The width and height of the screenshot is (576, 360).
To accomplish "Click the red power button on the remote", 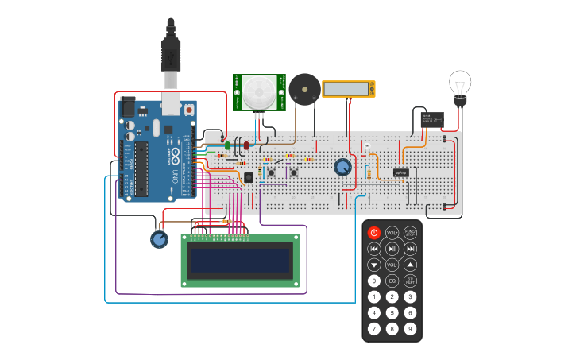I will pos(374,233).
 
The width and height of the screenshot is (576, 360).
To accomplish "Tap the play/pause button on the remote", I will pos(392,249).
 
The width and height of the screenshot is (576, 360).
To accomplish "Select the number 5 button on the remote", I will pos(392,312).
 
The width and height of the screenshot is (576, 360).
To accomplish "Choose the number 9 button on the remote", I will pos(410,328).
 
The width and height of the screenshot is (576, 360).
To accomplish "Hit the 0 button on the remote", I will pos(374,281).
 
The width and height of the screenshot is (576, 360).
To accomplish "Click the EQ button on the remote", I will pos(392,281).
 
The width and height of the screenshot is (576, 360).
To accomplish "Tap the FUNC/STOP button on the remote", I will pos(410,233).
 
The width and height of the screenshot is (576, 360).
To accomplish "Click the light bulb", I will pos(460,84).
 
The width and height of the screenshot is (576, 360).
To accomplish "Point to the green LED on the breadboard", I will pos(228,145).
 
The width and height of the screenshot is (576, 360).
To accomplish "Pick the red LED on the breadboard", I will pos(245,145).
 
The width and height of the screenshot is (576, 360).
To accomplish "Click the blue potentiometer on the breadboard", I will pos(342,168).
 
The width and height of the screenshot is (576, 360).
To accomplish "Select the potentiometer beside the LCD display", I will pos(160,238).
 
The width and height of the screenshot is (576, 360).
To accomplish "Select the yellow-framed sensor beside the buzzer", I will pos(348,89).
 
